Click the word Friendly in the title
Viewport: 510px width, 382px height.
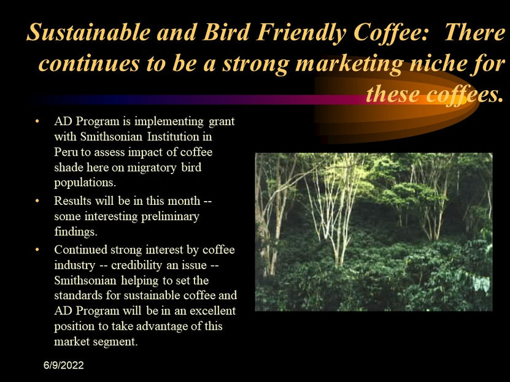pyautogui.click(x=301, y=32)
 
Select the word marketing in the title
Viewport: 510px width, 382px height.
pyautogui.click(x=349, y=64)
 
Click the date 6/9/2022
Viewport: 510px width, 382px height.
pyautogui.click(x=64, y=365)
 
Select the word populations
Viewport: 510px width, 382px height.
pyautogui.click(x=85, y=183)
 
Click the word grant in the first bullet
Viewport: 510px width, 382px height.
pyautogui.click(x=222, y=122)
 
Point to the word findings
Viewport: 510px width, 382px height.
pyautogui.click(x=75, y=232)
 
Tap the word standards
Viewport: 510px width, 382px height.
pyautogui.click(x=78, y=296)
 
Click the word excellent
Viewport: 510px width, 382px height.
pyautogui.click(x=213, y=311)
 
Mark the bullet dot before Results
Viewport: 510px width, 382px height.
pyautogui.click(x=37, y=201)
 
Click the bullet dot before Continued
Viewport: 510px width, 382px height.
pyautogui.click(x=37, y=250)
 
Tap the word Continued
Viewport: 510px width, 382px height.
pyautogui.click(x=80, y=250)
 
